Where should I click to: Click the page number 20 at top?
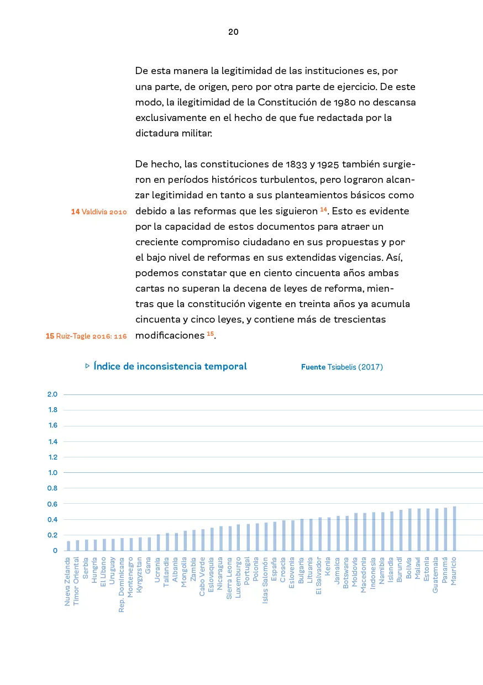233,32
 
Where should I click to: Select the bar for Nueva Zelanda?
69,546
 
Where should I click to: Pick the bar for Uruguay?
113,545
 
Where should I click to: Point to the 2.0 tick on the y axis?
53,394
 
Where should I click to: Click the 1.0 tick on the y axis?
53,472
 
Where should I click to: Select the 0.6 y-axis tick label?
53,504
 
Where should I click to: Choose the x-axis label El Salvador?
319,575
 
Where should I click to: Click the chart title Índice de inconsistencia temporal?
170,366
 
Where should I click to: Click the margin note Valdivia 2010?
104,212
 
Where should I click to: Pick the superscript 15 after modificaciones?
210,333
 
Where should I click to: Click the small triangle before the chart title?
87,366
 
